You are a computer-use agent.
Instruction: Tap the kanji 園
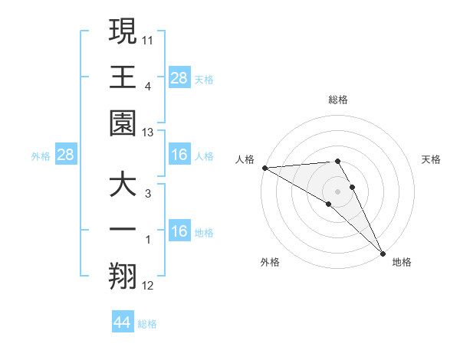(123, 123)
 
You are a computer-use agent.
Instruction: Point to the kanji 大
(123, 186)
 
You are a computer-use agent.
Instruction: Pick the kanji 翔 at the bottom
(123, 276)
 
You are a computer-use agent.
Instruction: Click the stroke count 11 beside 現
(148, 38)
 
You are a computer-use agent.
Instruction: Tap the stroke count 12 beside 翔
(148, 286)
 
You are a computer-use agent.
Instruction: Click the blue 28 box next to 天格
(179, 77)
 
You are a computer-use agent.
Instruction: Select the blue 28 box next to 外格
(65, 155)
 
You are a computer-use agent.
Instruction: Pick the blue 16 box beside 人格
(179, 155)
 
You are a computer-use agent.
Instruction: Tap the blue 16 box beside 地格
(179, 231)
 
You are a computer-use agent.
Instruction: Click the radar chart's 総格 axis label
(338, 100)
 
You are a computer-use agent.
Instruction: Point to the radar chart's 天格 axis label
(432, 159)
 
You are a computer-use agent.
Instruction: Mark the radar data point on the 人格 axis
(264, 168)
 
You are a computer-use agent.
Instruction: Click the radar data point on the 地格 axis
(383, 253)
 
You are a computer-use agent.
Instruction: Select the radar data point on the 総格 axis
(337, 161)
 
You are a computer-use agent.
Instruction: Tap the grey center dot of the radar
(337, 190)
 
